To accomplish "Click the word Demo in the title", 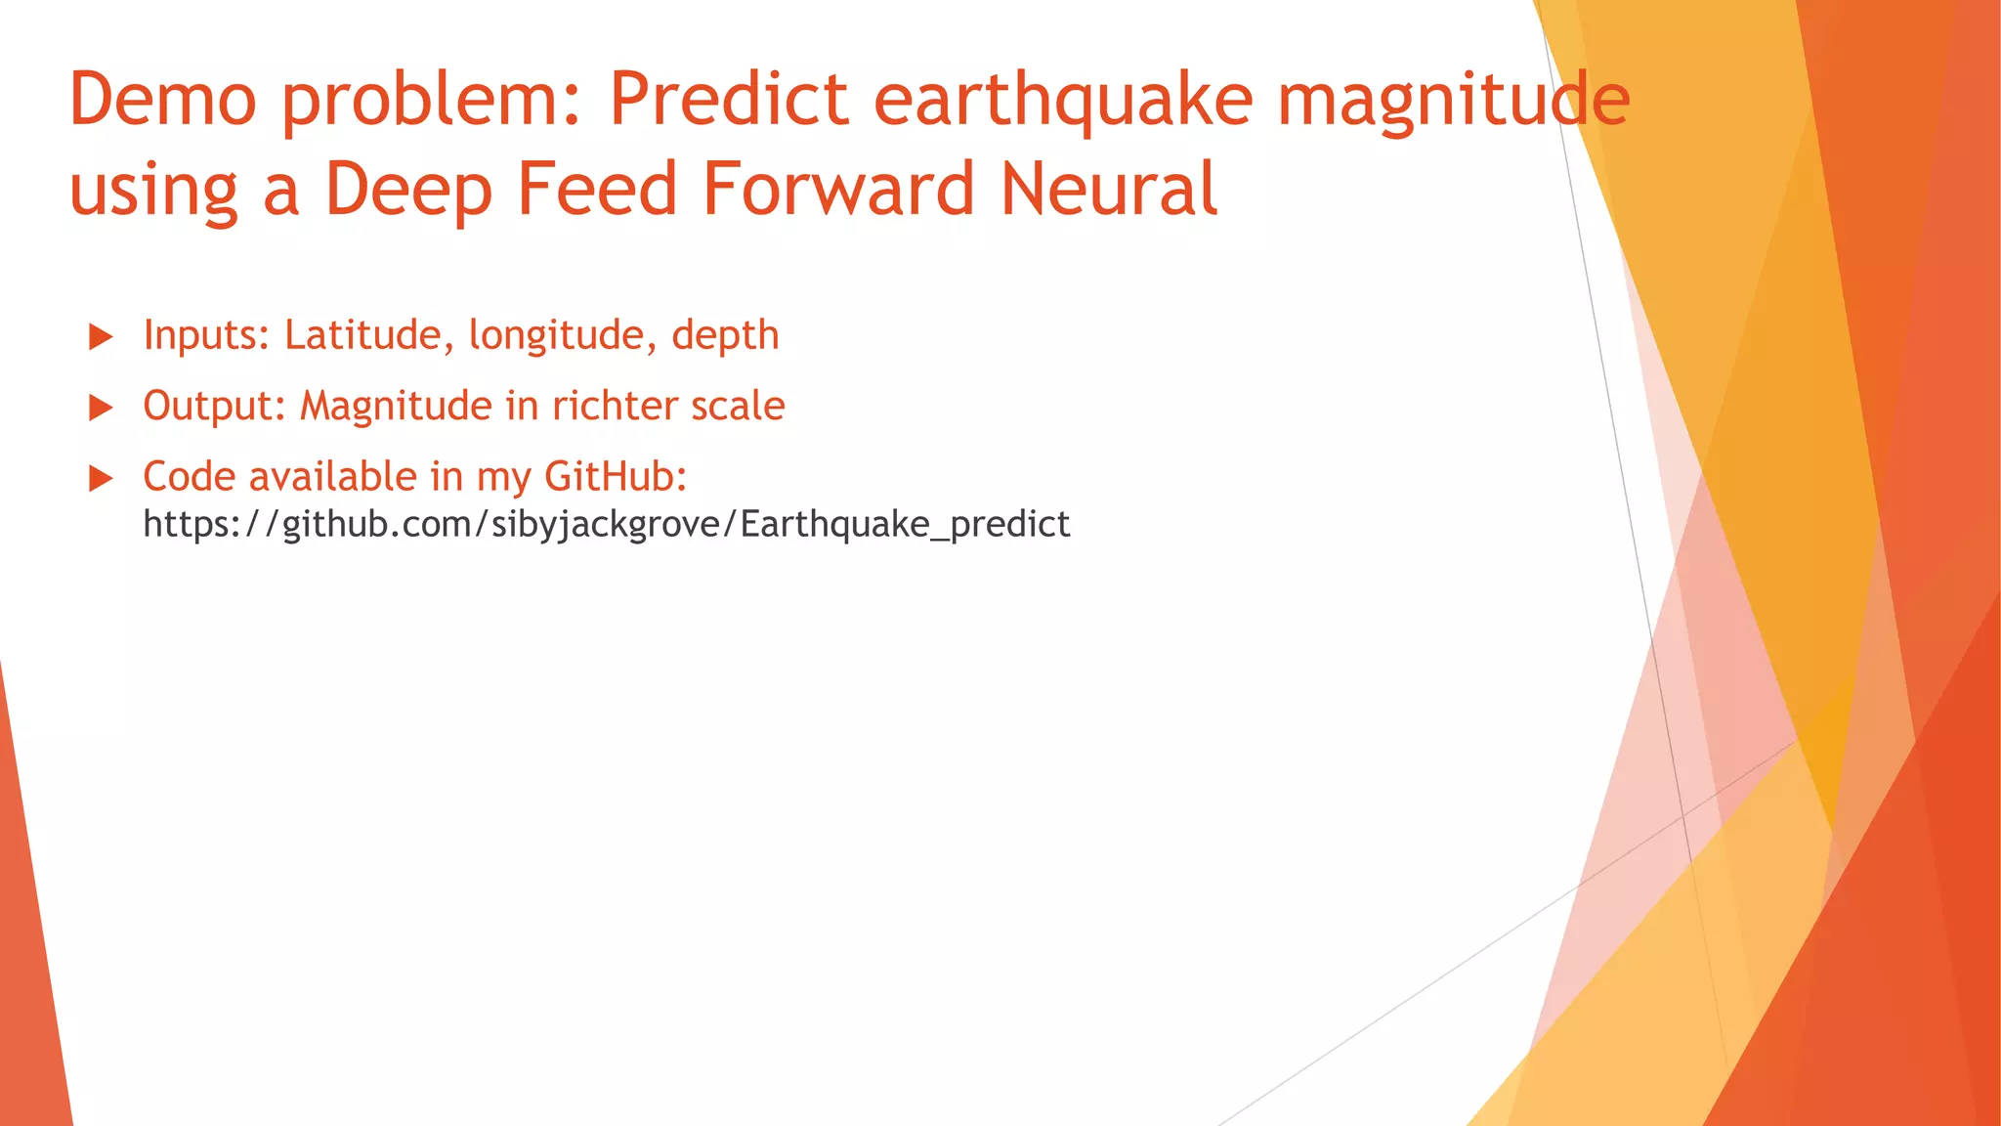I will (x=163, y=100).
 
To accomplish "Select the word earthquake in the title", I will (x=1063, y=100).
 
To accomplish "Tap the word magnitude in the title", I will (x=1454, y=100).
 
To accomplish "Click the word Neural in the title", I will (x=1109, y=189).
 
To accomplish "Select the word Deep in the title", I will (x=408, y=189).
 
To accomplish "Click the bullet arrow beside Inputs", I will (x=101, y=337).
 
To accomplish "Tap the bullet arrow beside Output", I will (x=101, y=408).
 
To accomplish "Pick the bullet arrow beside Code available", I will (x=101, y=479).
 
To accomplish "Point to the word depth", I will (x=725, y=335).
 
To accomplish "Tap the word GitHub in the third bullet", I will (x=615, y=477).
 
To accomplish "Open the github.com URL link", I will (x=606, y=525).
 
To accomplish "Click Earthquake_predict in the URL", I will (x=905, y=525).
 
